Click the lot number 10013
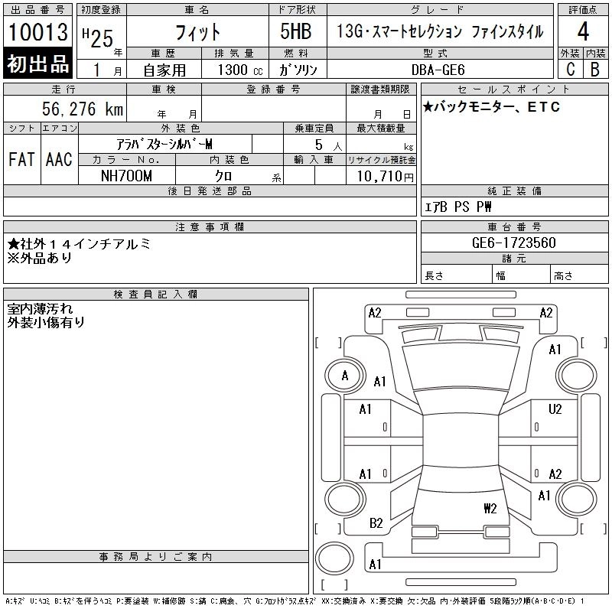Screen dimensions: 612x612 38,32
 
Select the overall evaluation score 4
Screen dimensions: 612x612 582,33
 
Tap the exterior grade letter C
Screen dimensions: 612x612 569,69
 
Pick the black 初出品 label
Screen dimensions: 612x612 38,64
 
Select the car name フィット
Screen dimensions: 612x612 197,33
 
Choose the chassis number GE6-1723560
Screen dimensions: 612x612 493,243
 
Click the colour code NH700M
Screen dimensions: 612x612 126,176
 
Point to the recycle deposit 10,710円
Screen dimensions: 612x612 381,177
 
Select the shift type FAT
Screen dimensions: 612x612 21,159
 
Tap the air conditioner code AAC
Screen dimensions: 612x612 59,159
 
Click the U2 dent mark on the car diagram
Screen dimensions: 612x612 555,409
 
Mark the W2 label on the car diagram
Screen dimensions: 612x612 490,508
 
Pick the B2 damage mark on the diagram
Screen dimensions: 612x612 376,523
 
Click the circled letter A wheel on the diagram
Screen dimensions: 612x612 345,376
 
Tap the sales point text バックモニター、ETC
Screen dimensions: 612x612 491,107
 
